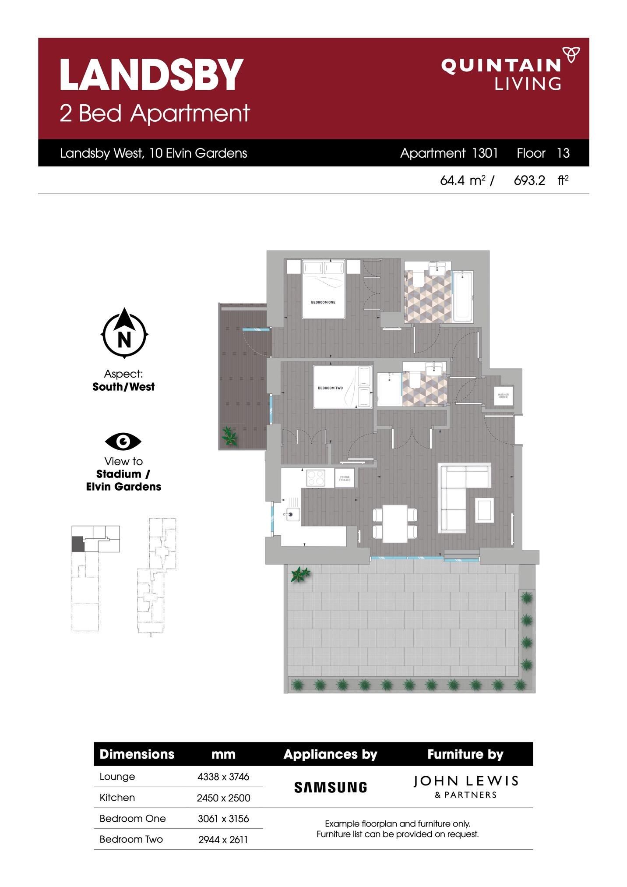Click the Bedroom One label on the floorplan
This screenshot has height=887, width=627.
[x=323, y=302]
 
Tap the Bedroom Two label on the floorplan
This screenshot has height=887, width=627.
[x=330, y=388]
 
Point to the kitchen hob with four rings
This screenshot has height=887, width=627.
[x=315, y=477]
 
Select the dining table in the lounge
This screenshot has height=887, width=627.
[x=395, y=523]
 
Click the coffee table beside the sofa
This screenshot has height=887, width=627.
[x=485, y=510]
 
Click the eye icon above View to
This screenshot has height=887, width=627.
[x=123, y=442]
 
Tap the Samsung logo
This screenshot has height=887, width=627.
[x=331, y=788]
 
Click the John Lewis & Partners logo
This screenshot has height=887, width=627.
[x=466, y=787]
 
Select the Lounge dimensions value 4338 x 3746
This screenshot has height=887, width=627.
[x=223, y=777]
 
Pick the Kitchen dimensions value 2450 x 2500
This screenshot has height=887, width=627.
[x=223, y=798]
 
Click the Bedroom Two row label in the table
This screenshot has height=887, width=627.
[x=131, y=839]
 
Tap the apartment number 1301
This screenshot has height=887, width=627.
[x=485, y=153]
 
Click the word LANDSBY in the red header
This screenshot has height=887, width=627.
[x=151, y=74]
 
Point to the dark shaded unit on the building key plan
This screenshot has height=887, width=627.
[x=77, y=544]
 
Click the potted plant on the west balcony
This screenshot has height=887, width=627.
[x=229, y=436]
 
